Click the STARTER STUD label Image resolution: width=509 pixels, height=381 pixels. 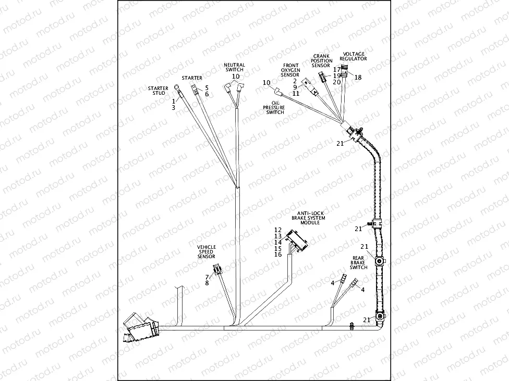(x=157, y=91)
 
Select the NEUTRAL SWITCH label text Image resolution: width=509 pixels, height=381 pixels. (x=234, y=67)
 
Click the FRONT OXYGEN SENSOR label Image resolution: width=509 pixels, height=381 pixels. (x=290, y=70)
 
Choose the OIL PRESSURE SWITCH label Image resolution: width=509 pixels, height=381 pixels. (x=275, y=108)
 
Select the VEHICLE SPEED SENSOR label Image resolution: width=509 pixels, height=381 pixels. (x=206, y=252)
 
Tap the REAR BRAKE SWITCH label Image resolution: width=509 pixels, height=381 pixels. (x=358, y=262)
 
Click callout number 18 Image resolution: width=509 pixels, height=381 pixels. (x=358, y=77)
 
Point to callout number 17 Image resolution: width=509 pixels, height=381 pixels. (x=336, y=69)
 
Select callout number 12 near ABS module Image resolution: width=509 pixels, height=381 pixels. (x=277, y=230)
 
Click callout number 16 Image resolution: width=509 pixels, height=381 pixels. (x=277, y=254)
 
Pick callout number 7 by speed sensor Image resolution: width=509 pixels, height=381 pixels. (x=207, y=276)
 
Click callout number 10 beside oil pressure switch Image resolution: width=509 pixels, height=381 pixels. (x=266, y=83)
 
